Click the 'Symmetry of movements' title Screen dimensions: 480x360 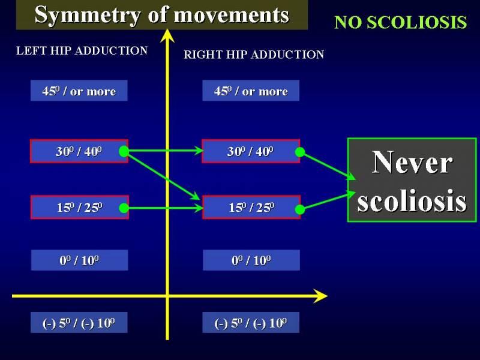click(x=161, y=14)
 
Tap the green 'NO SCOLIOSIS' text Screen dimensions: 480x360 click(x=400, y=22)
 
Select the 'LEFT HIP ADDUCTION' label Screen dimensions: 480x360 click(x=82, y=50)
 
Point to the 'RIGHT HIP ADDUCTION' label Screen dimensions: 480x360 click(x=254, y=55)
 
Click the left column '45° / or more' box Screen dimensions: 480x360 click(x=79, y=91)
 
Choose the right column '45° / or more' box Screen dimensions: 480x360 click(x=251, y=91)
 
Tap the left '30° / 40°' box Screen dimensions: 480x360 click(x=79, y=151)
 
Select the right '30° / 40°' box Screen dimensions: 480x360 click(x=251, y=151)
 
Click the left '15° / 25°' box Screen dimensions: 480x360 click(x=80, y=207)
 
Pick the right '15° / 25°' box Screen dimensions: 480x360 click(x=251, y=207)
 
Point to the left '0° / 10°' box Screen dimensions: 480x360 click(x=80, y=260)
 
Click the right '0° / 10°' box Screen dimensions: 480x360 click(x=251, y=260)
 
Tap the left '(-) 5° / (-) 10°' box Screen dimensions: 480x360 click(x=79, y=323)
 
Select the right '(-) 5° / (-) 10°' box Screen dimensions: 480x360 click(x=251, y=323)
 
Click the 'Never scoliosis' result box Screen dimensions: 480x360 click(x=412, y=180)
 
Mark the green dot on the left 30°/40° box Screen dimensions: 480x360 click(x=124, y=151)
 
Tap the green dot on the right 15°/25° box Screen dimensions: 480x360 click(x=300, y=209)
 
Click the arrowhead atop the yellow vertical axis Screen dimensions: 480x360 click(x=167, y=35)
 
